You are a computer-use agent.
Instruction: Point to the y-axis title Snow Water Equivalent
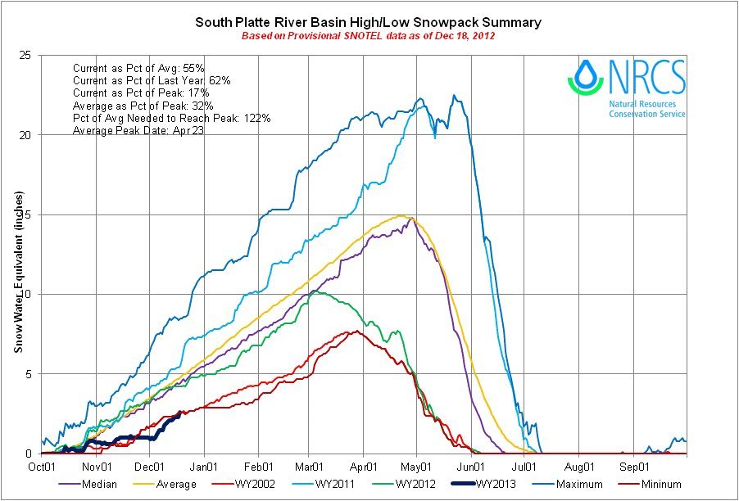pyautogui.click(x=17, y=272)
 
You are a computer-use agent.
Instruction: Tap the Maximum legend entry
pyautogui.click(x=578, y=484)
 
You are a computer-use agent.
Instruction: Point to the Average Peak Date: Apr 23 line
pyautogui.click(x=138, y=130)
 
